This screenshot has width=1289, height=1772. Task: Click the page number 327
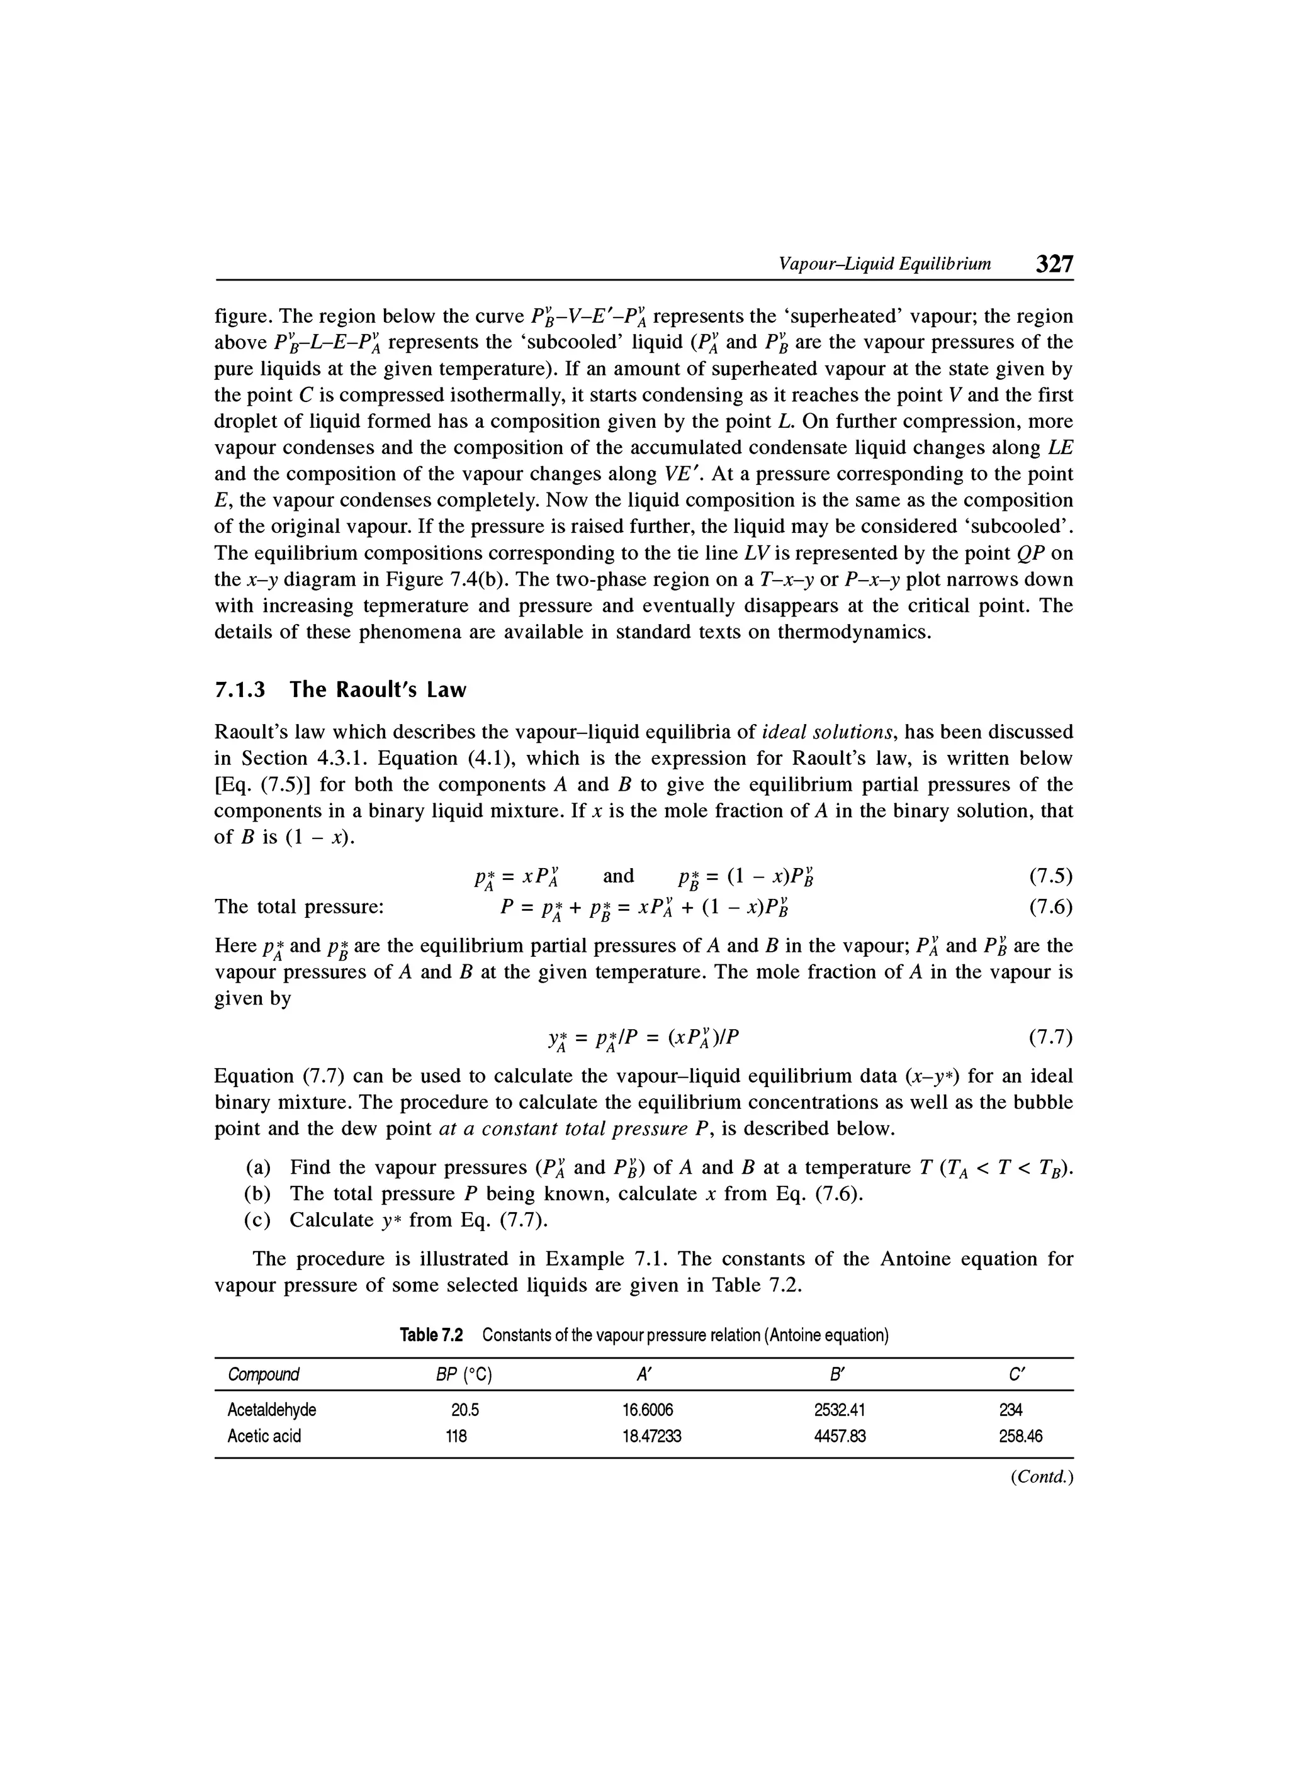[x=1054, y=264]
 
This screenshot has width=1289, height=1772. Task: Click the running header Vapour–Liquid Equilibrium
[x=885, y=264]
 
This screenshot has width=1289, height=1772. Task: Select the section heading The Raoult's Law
[x=340, y=690]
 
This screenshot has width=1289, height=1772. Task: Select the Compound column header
[x=264, y=1374]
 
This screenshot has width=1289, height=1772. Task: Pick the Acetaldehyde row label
[x=271, y=1410]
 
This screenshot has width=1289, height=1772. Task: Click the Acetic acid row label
[x=264, y=1436]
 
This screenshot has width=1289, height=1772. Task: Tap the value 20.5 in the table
[x=464, y=1410]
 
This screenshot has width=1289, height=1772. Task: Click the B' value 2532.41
[x=840, y=1410]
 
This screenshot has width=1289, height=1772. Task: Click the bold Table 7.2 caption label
[x=431, y=1335]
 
